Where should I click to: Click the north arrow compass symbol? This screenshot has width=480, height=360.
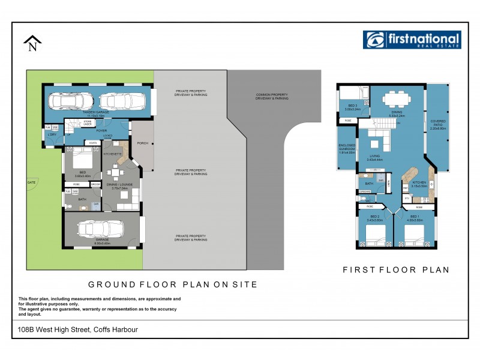coord(32,44)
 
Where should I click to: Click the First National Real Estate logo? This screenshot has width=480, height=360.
coord(412,40)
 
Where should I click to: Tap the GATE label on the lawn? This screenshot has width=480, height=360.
coord(31,181)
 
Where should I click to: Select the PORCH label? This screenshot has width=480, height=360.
coord(142,143)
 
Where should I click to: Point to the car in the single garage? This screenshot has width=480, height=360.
coord(100,230)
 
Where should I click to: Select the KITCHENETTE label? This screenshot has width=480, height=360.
coord(113,154)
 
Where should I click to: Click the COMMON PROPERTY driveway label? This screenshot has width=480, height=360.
coord(272,96)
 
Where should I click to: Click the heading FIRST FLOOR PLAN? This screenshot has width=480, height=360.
coord(396,270)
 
